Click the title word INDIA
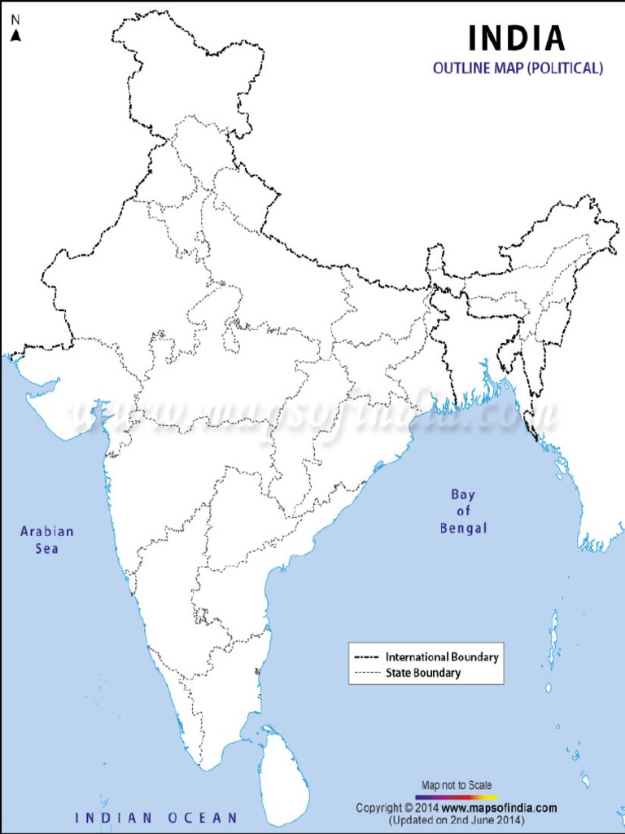(516, 38)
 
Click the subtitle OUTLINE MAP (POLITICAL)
(518, 68)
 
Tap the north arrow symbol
(15, 35)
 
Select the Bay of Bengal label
(463, 511)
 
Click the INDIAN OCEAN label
(156, 817)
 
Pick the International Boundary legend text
(442, 656)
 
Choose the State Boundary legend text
(423, 673)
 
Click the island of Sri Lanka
(284, 775)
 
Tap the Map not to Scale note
(457, 785)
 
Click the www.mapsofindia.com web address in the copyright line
(500, 808)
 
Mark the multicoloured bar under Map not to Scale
(457, 796)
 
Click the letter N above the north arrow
(15, 19)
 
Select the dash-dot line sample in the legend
(367, 656)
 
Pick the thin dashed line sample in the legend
(367, 673)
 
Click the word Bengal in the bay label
(463, 528)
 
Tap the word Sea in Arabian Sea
(46, 548)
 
